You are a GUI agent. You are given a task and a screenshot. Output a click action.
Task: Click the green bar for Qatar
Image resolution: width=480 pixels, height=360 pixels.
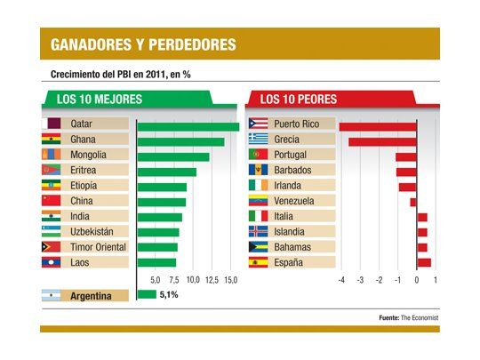(188, 125)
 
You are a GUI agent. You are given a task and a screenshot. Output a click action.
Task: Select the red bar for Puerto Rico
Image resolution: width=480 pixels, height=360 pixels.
(378, 125)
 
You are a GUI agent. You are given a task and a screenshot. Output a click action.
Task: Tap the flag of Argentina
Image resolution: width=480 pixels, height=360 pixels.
(52, 295)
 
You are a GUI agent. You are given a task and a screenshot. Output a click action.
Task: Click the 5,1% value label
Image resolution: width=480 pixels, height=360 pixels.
(170, 295)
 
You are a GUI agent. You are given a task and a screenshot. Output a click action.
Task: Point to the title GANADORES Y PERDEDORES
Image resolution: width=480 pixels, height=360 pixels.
(142, 44)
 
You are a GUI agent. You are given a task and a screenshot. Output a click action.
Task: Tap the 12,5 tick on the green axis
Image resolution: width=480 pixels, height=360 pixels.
(212, 280)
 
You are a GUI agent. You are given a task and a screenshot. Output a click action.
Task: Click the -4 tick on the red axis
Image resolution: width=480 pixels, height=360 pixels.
(340, 280)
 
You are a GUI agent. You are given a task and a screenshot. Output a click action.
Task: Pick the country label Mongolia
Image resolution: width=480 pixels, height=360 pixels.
(88, 156)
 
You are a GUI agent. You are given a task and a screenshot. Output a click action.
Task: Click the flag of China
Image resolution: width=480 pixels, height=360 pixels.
(52, 202)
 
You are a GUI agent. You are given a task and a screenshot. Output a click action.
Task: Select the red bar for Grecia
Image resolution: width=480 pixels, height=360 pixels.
(382, 140)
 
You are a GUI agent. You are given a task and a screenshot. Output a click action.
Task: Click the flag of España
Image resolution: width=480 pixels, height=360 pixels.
(258, 262)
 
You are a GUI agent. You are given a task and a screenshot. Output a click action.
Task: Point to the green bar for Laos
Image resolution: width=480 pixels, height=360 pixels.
(156, 262)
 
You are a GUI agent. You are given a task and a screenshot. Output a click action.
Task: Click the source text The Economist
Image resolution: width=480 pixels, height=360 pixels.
(419, 317)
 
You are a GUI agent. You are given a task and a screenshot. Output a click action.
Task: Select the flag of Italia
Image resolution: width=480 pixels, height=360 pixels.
(258, 217)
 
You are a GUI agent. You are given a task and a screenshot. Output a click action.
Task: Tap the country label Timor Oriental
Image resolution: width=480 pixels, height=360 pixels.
(98, 247)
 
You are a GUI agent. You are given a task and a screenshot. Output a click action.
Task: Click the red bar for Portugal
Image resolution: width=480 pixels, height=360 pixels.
(406, 156)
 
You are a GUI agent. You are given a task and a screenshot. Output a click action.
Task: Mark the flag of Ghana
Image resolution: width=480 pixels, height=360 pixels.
(52, 140)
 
